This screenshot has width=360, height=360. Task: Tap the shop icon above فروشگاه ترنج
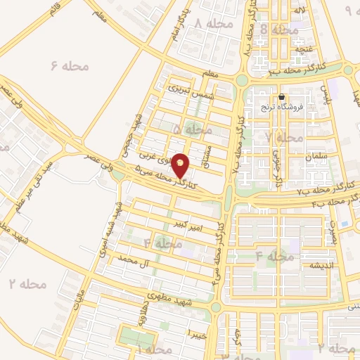(x=281, y=97)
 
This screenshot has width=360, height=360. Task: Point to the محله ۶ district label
(x=71, y=66)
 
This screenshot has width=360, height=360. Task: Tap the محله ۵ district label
(x=192, y=129)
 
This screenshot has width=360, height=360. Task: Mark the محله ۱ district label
(x=154, y=349)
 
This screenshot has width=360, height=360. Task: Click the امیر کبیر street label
(x=191, y=224)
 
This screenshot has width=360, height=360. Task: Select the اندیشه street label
(x=314, y=265)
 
